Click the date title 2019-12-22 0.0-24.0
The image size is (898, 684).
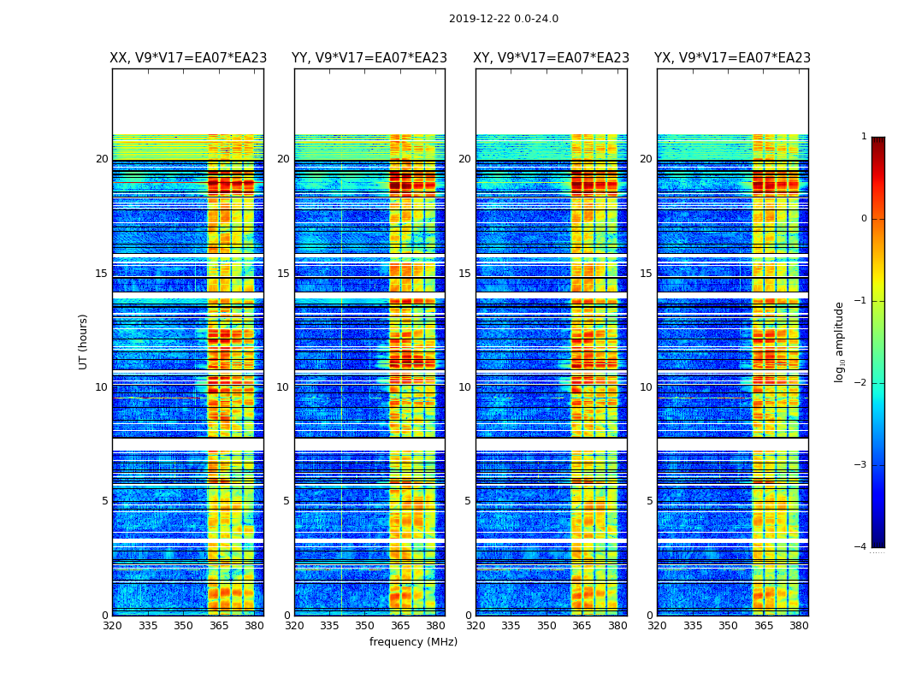click(x=503, y=19)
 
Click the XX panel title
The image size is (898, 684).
click(x=188, y=58)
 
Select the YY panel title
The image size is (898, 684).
click(x=369, y=58)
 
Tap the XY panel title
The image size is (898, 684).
click(x=552, y=58)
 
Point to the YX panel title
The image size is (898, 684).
click(x=733, y=58)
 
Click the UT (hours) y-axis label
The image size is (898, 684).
click(x=84, y=341)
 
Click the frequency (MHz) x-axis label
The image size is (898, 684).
click(x=413, y=642)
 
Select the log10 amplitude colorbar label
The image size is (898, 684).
click(x=840, y=341)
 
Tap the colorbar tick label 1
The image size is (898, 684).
click(x=863, y=137)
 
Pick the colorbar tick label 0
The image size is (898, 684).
click(x=863, y=219)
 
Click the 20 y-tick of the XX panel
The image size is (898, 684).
click(x=102, y=159)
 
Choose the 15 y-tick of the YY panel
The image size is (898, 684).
click(x=283, y=274)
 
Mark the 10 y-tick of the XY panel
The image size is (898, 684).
click(x=464, y=387)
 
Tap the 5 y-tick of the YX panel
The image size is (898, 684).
click(x=649, y=501)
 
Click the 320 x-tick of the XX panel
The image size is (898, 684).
click(x=112, y=626)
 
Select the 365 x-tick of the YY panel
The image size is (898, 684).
click(x=400, y=626)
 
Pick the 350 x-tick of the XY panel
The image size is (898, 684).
click(x=546, y=626)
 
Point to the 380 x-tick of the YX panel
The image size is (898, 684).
click(x=799, y=626)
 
